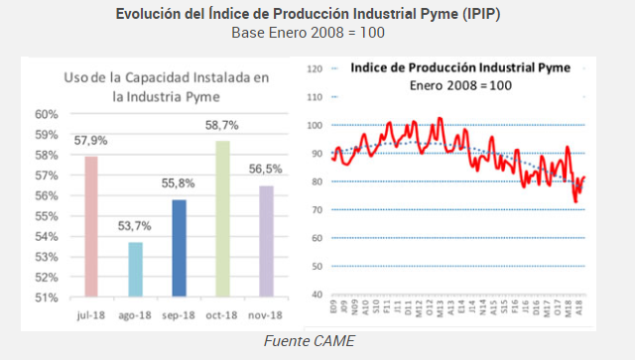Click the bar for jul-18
(x=90, y=226)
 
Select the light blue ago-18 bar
(x=135, y=269)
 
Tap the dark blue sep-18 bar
(x=179, y=248)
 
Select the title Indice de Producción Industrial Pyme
(x=459, y=67)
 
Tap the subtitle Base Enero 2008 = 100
(x=308, y=33)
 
